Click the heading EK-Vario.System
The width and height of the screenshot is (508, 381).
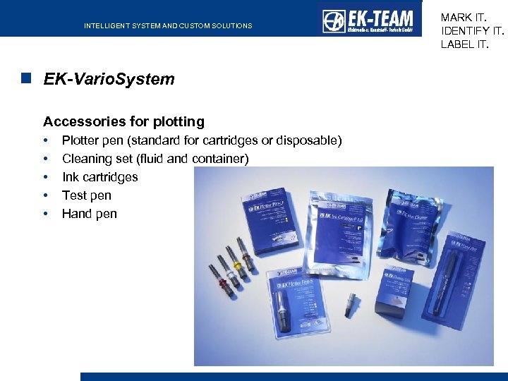coord(109,79)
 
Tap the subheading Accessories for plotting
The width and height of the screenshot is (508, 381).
coord(123,121)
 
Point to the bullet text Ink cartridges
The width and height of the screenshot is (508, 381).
coord(99,177)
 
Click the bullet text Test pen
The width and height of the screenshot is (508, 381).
coord(86,195)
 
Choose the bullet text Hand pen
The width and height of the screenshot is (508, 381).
coord(89,214)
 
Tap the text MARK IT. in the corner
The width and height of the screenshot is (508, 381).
coord(463,17)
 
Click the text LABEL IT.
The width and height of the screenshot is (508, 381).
coord(464,44)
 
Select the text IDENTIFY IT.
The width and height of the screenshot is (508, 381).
coord(472,30)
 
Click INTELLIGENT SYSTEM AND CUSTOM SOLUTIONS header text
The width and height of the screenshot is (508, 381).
coord(168,26)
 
